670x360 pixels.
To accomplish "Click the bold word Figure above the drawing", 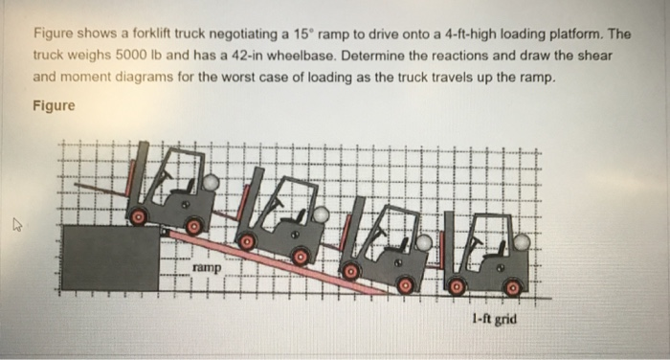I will pyautogui.click(x=54, y=106).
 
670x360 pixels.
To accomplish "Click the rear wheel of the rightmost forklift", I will pyautogui.click(x=513, y=285).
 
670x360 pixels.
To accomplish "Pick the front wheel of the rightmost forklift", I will pyautogui.click(x=457, y=285).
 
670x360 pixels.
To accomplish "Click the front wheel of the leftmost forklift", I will pyautogui.click(x=140, y=217).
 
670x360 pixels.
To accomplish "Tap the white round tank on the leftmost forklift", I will pyautogui.click(x=211, y=181).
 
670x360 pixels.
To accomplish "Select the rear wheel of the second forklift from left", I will pyautogui.click(x=301, y=256).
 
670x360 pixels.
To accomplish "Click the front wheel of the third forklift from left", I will pyautogui.click(x=351, y=272).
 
